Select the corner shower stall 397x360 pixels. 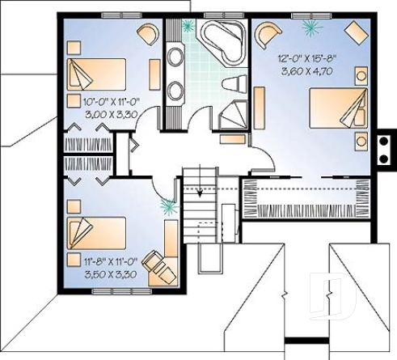tap(234, 114)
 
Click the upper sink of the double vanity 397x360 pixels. tap(175, 57)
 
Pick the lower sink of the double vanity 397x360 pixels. tap(175, 90)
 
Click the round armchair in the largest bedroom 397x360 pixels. tap(267, 34)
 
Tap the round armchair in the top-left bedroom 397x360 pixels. tap(148, 33)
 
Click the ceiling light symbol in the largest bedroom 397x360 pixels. tap(310, 27)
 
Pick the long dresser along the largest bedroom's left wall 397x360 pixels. tap(260, 104)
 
